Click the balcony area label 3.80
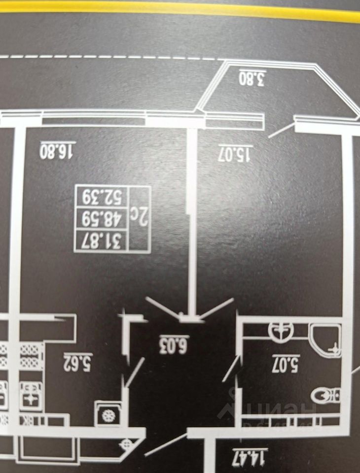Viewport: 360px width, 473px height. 252,78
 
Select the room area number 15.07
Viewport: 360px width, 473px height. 235,153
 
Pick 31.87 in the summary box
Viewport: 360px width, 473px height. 101,240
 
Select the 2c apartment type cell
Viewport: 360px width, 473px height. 139,219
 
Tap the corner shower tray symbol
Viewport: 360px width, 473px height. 326,340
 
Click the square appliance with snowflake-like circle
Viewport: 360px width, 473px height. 107,414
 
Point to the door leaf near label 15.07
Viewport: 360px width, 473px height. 282,130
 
